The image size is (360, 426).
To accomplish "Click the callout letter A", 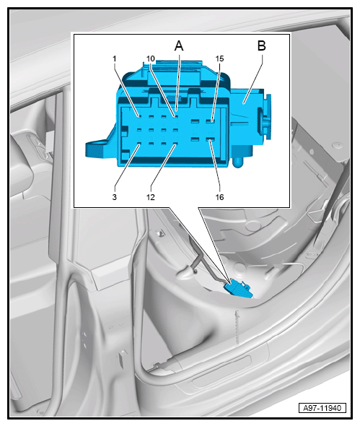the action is coord(179,45).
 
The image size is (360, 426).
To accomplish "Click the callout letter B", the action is coord(261,45).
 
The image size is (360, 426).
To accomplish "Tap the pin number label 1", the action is coord(115,58).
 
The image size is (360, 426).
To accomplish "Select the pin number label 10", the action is coord(150,58).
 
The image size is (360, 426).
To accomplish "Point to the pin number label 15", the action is coord(219,58).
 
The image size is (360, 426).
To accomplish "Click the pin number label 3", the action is coord(115,197).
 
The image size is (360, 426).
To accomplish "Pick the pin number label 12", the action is coord(150,197).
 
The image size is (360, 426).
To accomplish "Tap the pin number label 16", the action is coord(219,197).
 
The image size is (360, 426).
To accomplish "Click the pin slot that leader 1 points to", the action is coord(139,117).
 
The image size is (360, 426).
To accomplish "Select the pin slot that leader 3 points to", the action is coord(139,144).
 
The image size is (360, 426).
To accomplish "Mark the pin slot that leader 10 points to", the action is coord(175,117).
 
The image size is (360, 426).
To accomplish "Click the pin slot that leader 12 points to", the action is coord(175,144).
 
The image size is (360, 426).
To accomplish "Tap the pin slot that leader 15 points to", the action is coord(209,120).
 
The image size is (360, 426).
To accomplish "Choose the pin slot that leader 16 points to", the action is coord(209,139).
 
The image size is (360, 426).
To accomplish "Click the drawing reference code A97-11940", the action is coord(322,408).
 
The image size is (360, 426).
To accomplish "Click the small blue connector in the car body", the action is coord(237,290).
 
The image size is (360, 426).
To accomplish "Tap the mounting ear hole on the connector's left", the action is coord(97,143).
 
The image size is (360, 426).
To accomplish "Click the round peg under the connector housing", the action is coord(238,162).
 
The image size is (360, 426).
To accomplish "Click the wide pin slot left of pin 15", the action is coord(194,120).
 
